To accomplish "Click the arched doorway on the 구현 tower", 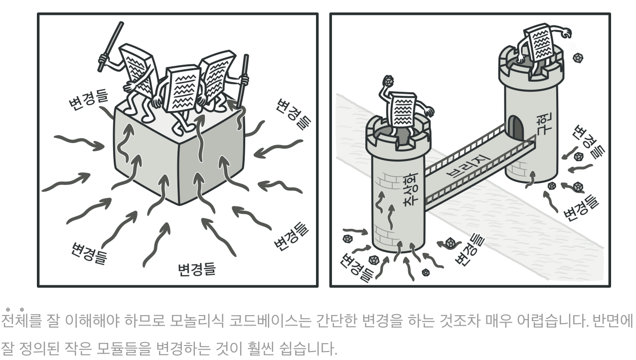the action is point(516,128).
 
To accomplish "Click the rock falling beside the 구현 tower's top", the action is point(578,58).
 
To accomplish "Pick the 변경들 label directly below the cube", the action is point(197,269).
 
